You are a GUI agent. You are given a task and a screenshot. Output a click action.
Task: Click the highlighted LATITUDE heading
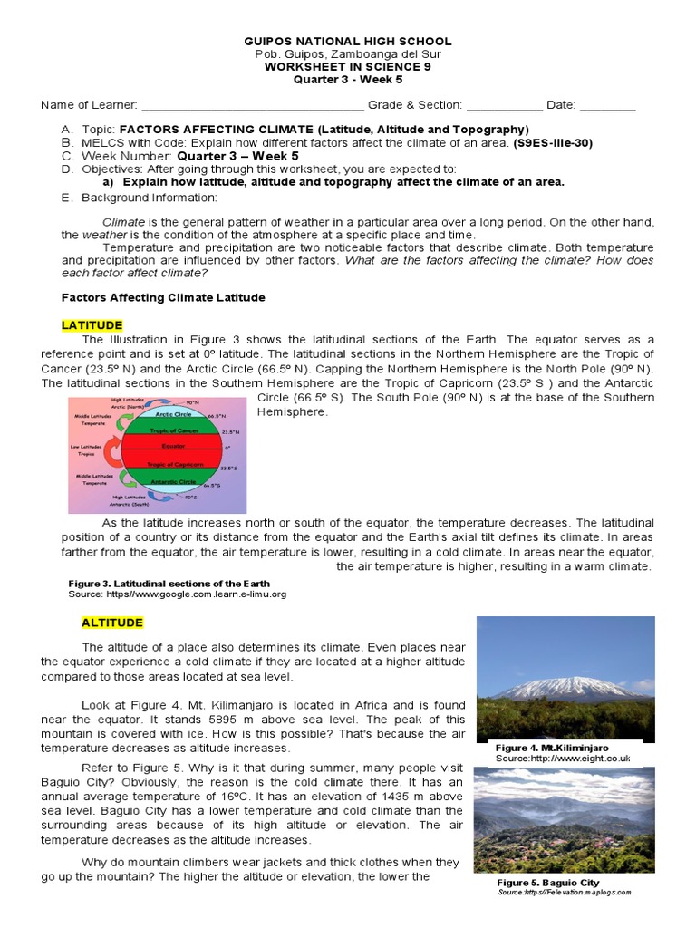coord(92,325)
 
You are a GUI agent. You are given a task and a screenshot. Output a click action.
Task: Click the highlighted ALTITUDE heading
coord(112,623)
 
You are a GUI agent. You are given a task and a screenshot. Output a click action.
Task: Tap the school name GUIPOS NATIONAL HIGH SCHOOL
coord(348,42)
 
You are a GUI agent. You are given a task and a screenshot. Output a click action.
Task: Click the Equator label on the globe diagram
coord(174,446)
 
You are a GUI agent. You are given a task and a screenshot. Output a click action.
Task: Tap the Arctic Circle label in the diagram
coord(173,413)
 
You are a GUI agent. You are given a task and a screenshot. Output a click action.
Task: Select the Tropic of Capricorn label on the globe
coord(174,464)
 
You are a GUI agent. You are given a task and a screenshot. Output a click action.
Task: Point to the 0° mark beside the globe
coord(228,447)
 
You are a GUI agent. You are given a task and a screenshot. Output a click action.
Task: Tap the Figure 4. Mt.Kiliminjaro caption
coord(552,748)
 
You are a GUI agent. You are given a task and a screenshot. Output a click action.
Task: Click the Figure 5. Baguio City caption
coord(547,882)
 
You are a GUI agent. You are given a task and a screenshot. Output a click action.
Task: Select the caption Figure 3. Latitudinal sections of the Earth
coord(169,583)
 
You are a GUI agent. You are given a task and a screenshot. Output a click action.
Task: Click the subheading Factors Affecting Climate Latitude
coord(163,297)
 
